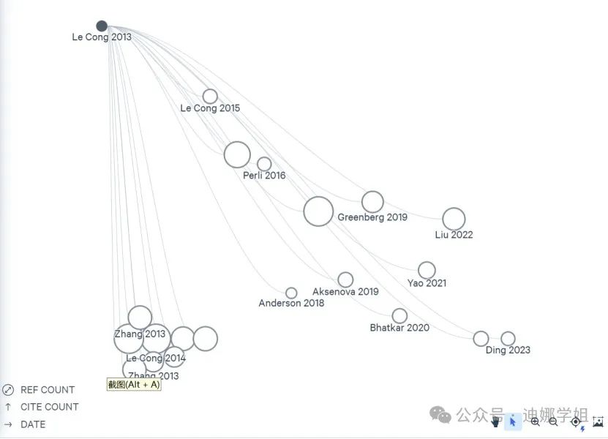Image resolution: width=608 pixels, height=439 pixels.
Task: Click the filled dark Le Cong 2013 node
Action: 102,26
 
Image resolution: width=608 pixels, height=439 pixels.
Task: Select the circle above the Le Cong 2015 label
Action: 210,97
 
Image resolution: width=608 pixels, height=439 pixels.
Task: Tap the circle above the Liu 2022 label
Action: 454,219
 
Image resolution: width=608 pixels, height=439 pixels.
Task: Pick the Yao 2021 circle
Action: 427,270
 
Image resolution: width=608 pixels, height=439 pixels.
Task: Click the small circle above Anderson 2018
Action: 291,293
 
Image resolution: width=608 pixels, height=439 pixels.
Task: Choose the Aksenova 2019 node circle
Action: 345,279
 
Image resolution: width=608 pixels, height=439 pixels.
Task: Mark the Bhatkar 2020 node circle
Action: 399,315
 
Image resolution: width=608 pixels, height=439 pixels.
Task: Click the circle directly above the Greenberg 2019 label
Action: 372,201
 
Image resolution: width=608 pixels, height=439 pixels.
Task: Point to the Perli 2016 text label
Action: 264,176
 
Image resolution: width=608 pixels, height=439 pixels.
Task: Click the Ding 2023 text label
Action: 508,350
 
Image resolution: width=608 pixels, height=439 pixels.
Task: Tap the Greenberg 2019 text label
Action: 372,217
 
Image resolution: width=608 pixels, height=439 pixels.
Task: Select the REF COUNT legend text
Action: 48,390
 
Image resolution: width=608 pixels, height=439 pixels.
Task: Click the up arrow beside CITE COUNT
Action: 8,407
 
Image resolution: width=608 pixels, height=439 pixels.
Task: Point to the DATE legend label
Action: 33,424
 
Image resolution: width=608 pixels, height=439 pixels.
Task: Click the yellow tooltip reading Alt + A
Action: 134,384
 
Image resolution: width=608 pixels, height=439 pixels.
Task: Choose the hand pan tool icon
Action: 496,421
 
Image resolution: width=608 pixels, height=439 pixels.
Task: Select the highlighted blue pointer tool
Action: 513,421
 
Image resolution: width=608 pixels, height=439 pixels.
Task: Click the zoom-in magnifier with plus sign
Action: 535,421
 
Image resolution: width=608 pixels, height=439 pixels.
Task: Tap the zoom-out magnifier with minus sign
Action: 553,421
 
